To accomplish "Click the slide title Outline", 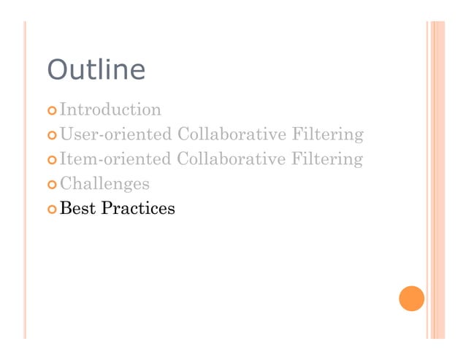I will pyautogui.click(x=96, y=70).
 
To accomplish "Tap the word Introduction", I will pyautogui.click(x=110, y=110).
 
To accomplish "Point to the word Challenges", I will pyautogui.click(x=104, y=184).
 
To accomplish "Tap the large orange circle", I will pyautogui.click(x=411, y=299).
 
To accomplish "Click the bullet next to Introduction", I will pyautogui.click(x=51, y=111).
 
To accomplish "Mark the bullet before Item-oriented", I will pyautogui.click(x=51, y=160).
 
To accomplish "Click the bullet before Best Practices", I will pyautogui.click(x=51, y=210).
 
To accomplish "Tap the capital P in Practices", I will pyautogui.click(x=106, y=209).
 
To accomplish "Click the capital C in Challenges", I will pyautogui.click(x=65, y=184).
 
